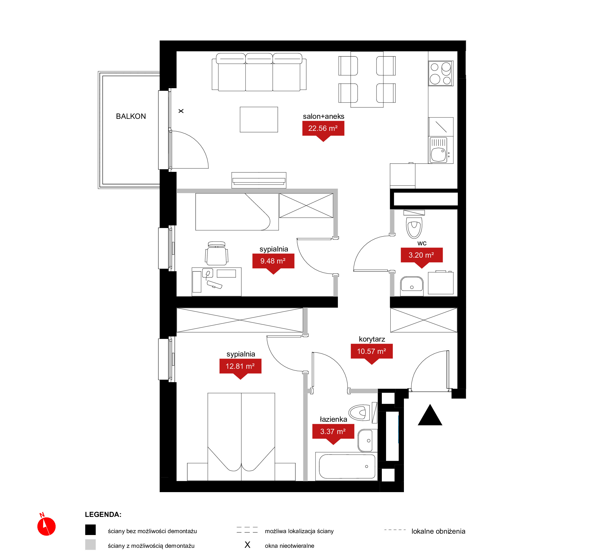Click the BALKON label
pyautogui.click(x=131, y=116)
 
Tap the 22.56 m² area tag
pyautogui.click(x=323, y=130)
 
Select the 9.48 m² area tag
pyautogui.click(x=273, y=262)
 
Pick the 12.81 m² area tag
pyautogui.click(x=240, y=368)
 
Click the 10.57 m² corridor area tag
pyautogui.click(x=371, y=353)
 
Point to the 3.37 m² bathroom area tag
pyautogui.click(x=333, y=433)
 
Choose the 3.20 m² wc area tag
pyautogui.click(x=422, y=257)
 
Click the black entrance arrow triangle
pyautogui.click(x=430, y=415)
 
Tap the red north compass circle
pyautogui.click(x=47, y=526)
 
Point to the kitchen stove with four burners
pyautogui.click(x=441, y=73)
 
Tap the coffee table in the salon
pyautogui.click(x=259, y=120)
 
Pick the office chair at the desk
pyautogui.click(x=217, y=253)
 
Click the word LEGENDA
pyautogui.click(x=103, y=515)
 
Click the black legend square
pyautogui.click(x=90, y=530)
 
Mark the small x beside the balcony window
pyautogui.click(x=181, y=111)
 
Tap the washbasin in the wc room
pyautogui.click(x=412, y=286)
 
